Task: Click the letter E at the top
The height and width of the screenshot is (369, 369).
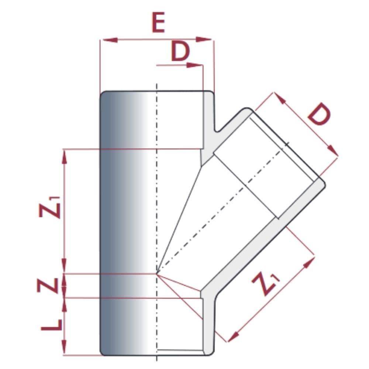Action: pyautogui.click(x=158, y=23)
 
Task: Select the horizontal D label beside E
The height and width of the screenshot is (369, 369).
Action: pyautogui.click(x=180, y=52)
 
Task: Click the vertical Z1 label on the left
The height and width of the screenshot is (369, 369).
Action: pyautogui.click(x=50, y=207)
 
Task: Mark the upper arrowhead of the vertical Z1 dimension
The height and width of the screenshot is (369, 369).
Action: pyautogui.click(x=65, y=156)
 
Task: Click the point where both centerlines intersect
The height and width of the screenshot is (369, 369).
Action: pyautogui.click(x=157, y=274)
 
